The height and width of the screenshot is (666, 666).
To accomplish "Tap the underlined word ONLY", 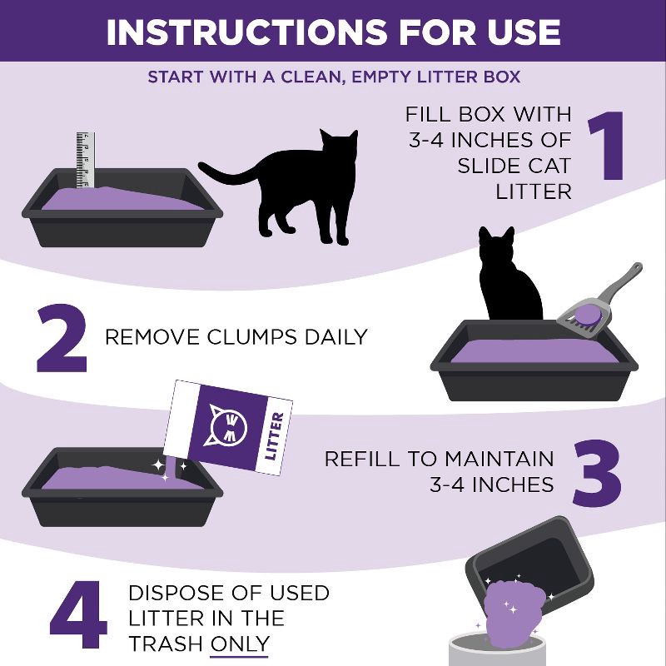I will [240, 644].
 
